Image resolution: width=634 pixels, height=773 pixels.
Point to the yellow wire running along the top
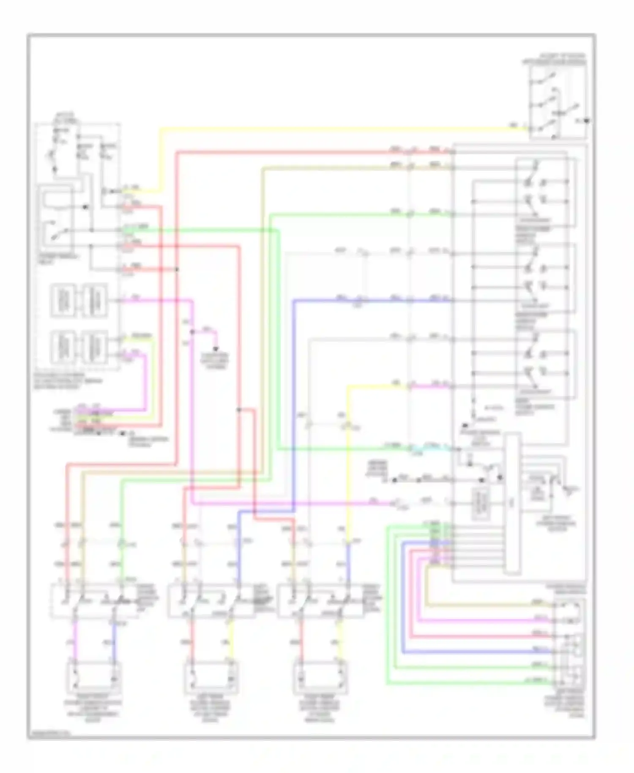(338, 128)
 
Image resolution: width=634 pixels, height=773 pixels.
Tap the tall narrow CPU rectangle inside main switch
(512, 503)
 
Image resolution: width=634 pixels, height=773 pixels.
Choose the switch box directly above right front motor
(95, 600)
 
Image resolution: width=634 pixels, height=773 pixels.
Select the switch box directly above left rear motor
(211, 600)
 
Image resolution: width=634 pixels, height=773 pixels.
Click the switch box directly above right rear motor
(321, 600)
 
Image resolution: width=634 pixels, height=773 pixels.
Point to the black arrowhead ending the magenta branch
(216, 349)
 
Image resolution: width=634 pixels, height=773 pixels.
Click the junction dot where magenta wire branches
(192, 332)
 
